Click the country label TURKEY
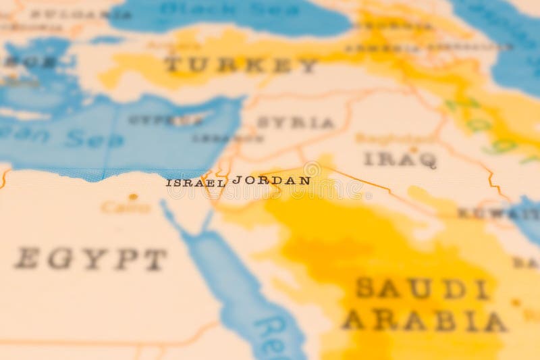point(240,65)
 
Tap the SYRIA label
point(296,123)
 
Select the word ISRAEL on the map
point(195,183)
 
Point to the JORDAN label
point(271,181)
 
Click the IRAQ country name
point(400,159)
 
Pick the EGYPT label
point(90,259)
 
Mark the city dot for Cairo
point(133,197)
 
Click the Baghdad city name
point(386,139)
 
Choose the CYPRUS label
point(166,120)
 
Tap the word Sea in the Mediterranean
point(95,140)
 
